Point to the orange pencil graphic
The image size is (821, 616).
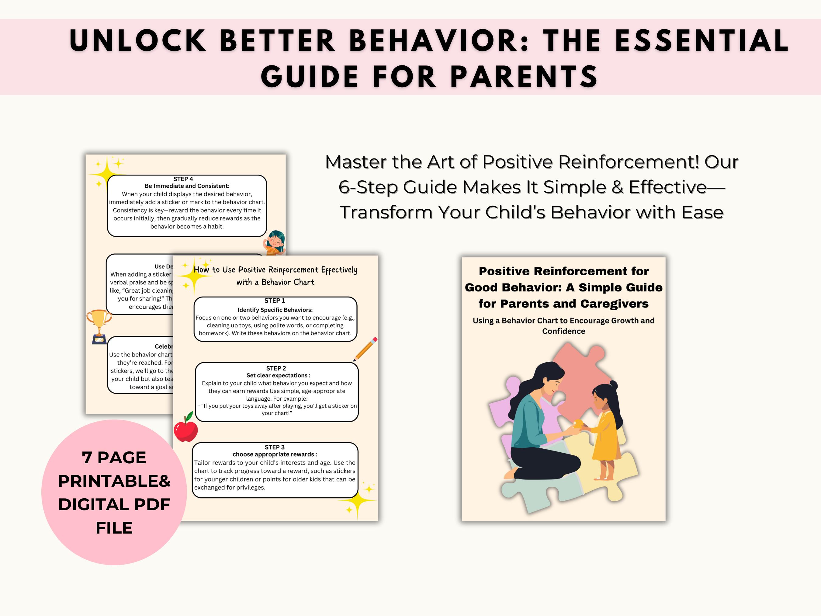pos(365,349)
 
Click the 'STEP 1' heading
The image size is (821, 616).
pos(275,300)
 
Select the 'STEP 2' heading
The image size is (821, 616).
pos(276,368)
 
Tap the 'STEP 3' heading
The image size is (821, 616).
pos(275,447)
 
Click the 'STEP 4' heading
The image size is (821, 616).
pos(183,179)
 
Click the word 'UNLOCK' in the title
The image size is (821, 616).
pos(137,41)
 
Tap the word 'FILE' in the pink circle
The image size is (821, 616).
pos(114,527)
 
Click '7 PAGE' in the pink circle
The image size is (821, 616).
pos(114,458)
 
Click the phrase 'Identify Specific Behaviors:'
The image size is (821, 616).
pos(275,310)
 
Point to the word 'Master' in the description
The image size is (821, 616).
pos(355,162)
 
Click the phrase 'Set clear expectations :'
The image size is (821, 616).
pos(278,375)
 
